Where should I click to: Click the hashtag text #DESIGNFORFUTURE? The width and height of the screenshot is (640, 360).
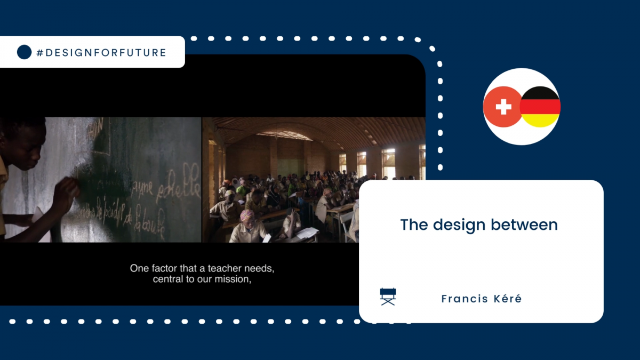coord(101,52)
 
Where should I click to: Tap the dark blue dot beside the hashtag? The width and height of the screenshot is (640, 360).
coord(24,52)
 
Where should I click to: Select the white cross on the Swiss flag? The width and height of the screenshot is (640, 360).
coord(503,107)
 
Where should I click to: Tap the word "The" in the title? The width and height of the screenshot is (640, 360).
coord(414,225)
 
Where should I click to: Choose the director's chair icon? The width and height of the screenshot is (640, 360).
coord(388,297)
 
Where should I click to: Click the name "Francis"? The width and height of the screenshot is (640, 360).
coord(463,299)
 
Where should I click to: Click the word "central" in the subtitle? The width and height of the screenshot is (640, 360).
coord(168,279)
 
